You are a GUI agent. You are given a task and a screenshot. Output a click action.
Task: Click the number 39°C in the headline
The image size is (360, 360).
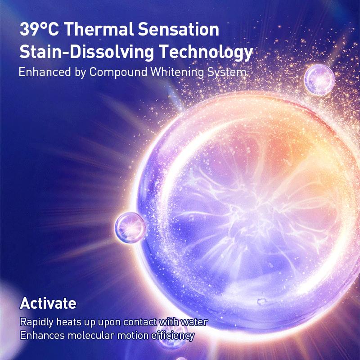tap(39, 29)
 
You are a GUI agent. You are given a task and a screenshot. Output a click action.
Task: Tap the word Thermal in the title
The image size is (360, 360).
tap(99, 29)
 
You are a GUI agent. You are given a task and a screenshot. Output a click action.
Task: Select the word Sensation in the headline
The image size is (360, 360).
tap(178, 29)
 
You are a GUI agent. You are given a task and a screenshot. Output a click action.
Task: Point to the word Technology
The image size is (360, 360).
tap(206, 52)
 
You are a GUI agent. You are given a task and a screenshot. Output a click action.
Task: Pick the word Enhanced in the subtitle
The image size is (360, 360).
tap(45, 72)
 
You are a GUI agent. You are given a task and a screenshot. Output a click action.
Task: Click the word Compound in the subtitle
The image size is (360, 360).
tap(118, 72)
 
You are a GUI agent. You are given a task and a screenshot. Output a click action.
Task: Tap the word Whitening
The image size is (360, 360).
tap(177, 72)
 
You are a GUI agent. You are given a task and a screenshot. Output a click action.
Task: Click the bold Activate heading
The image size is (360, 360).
tap(48, 303)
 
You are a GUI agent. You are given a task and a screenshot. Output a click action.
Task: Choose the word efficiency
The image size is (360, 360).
tap(173, 336)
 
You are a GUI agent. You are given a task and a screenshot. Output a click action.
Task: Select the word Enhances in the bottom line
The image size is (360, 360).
tap(42, 335)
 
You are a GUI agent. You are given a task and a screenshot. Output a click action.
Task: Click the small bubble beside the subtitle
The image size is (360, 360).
tap(319, 80)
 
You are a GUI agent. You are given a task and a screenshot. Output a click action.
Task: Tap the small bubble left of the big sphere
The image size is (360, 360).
tap(130, 227)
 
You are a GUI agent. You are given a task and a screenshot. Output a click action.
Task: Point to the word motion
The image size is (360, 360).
tap(132, 335)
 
